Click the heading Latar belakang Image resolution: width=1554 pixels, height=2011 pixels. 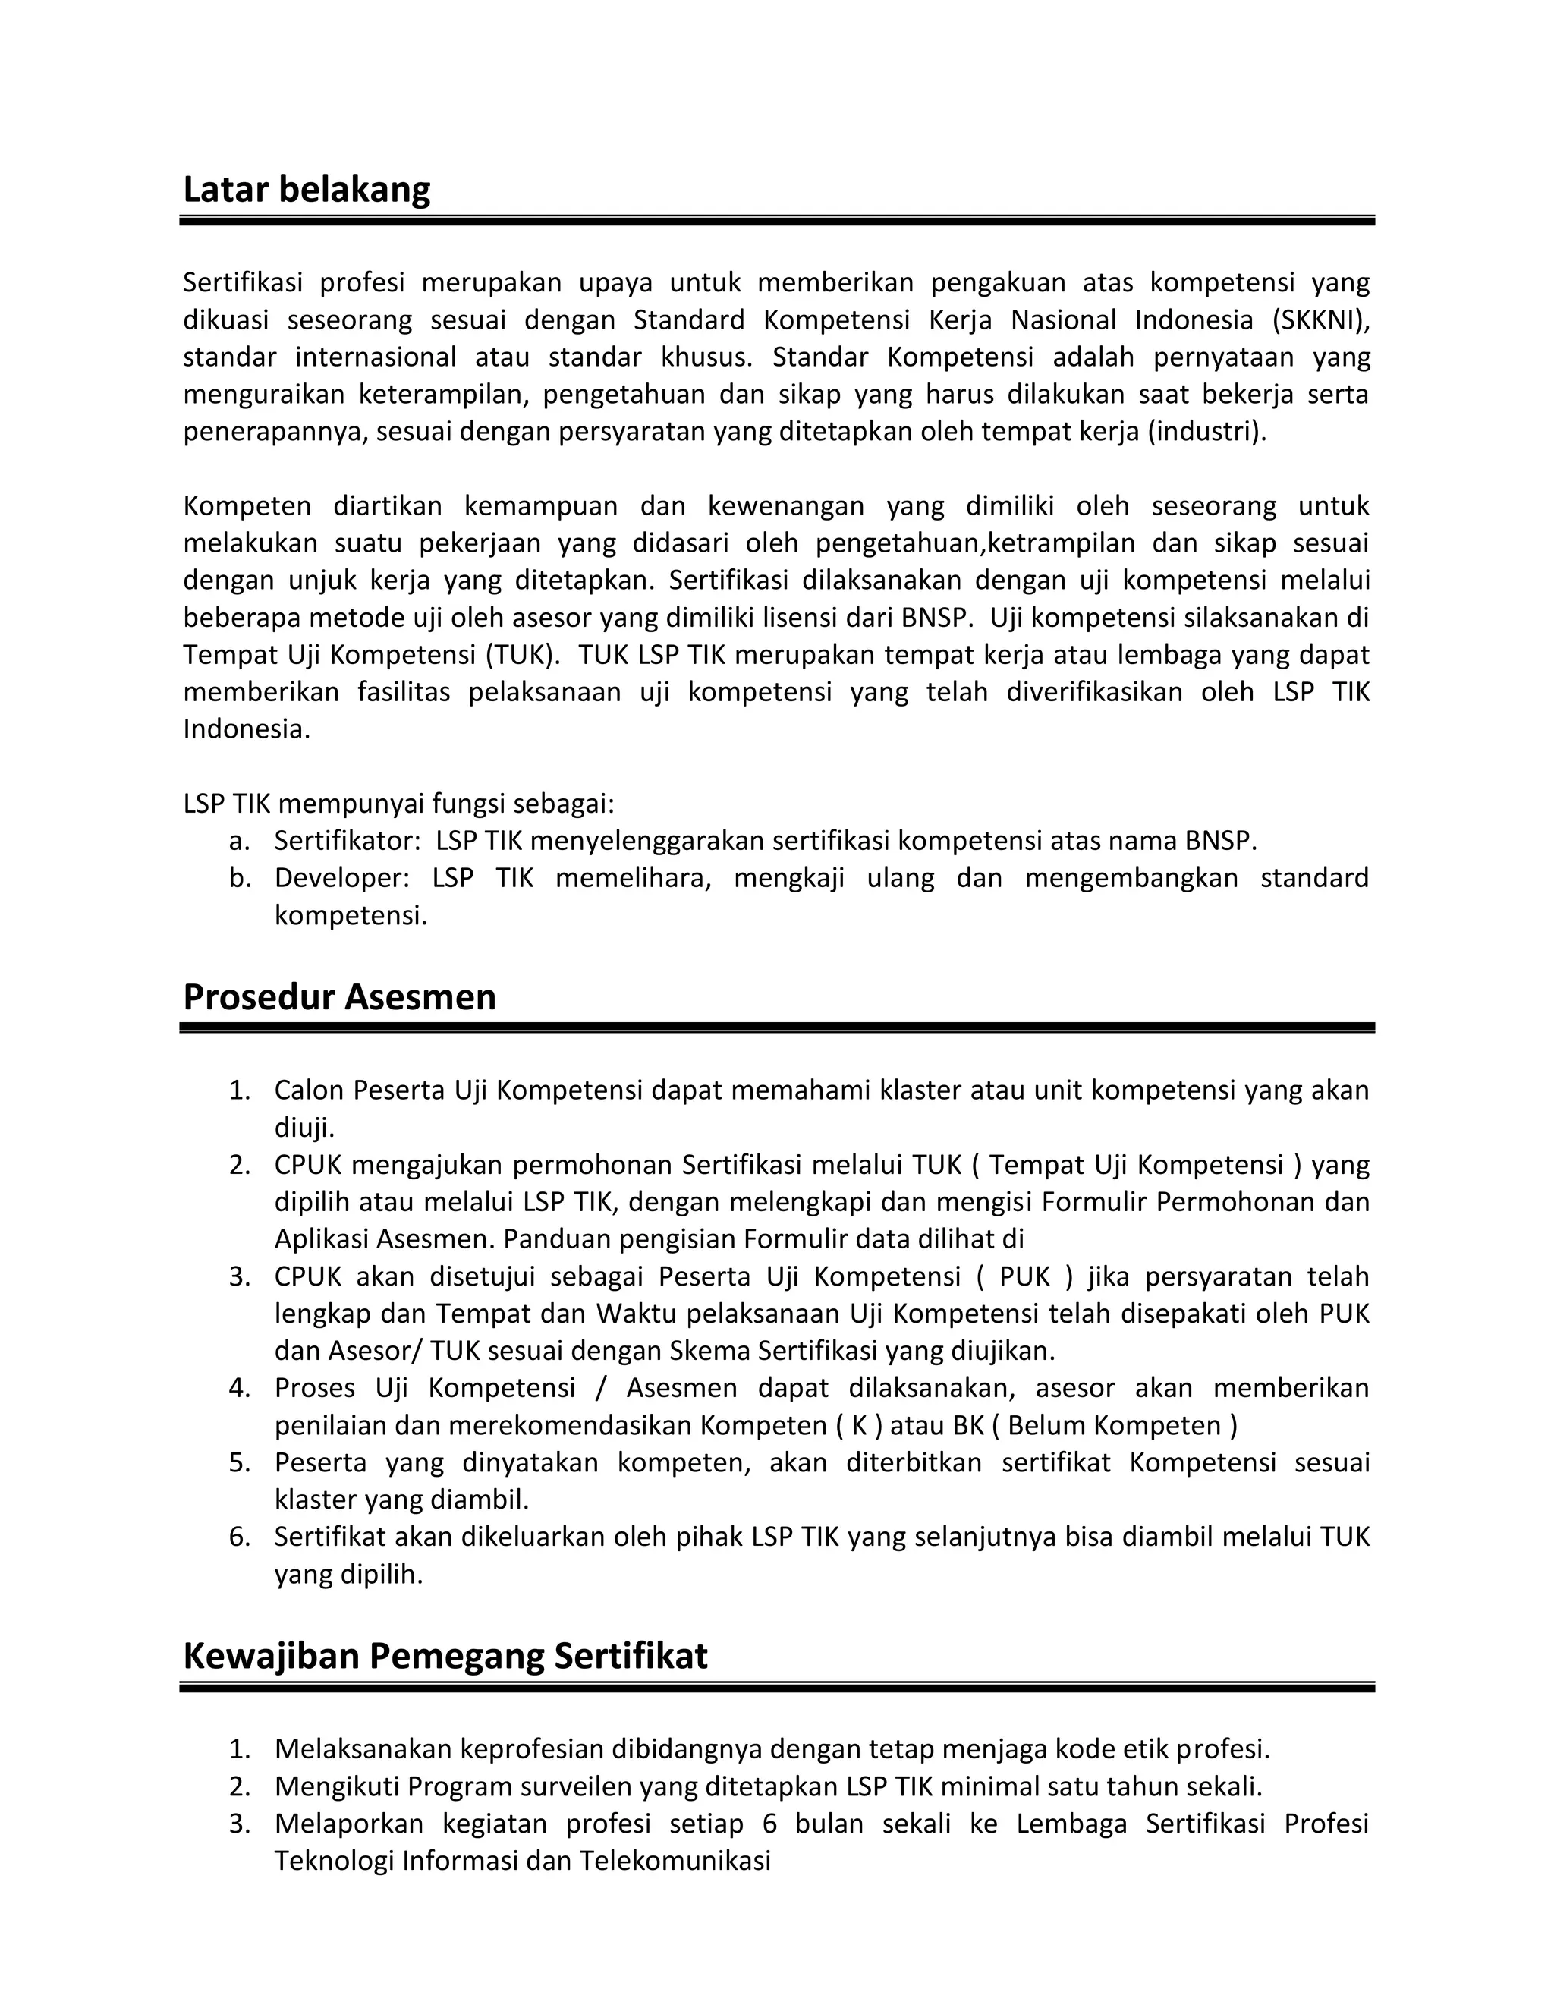point(307,190)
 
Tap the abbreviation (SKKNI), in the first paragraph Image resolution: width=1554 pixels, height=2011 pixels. point(1321,320)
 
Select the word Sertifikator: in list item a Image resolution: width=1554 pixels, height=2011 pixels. point(347,841)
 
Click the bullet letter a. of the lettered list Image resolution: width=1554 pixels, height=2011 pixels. point(239,841)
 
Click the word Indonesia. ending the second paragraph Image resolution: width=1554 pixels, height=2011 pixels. point(247,729)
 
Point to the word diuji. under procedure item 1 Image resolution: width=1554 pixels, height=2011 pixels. point(304,1128)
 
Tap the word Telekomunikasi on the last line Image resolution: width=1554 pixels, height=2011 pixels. point(674,1862)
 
